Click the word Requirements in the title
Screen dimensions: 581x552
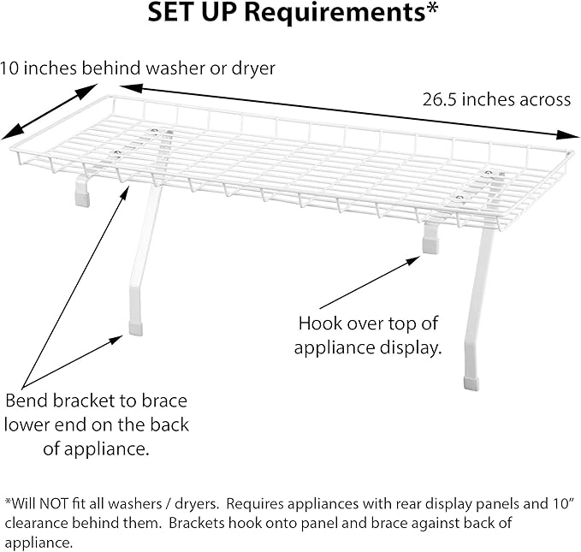(335, 14)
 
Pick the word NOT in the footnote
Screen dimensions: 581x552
(53, 503)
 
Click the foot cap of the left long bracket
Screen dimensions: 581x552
(135, 329)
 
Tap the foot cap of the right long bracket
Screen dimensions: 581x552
(471, 384)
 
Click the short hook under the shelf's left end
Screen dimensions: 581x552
(82, 192)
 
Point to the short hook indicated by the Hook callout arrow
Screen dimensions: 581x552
(431, 238)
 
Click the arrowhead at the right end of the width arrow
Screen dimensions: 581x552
(568, 135)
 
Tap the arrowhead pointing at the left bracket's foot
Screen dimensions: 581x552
(117, 339)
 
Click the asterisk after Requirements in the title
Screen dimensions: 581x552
(431, 9)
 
